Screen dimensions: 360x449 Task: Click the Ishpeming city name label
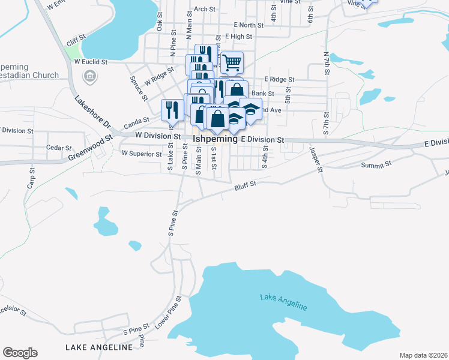[x=215, y=139]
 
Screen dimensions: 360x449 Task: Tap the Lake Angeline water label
[x=284, y=302]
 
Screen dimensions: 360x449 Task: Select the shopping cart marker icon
[x=231, y=61]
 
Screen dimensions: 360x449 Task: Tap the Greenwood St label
[x=90, y=148]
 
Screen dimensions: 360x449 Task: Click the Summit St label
[x=376, y=164]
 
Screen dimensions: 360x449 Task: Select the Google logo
[x=20, y=353]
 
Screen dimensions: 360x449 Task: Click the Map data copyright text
[x=423, y=355]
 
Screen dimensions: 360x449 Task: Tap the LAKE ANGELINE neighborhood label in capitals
[x=98, y=347]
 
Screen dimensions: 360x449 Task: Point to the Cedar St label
[x=59, y=148]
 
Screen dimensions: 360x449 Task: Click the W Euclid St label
[x=90, y=61]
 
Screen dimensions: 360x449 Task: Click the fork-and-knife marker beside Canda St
[x=170, y=109]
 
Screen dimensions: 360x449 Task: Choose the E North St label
[x=249, y=25]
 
